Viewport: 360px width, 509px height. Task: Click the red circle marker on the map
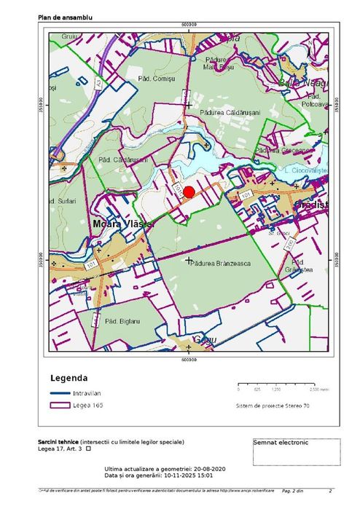click(189, 192)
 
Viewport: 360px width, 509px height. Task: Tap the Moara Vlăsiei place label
click(122, 224)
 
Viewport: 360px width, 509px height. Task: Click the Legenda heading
click(69, 378)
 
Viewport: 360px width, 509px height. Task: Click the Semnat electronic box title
click(281, 442)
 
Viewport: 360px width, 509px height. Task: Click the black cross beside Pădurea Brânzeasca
click(189, 260)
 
